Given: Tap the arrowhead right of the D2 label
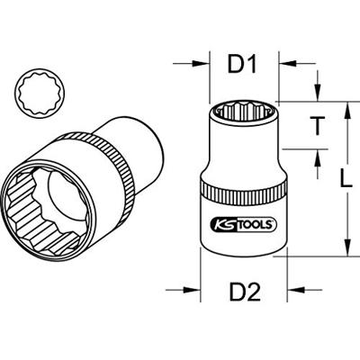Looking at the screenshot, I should pyautogui.click(x=290, y=291).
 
